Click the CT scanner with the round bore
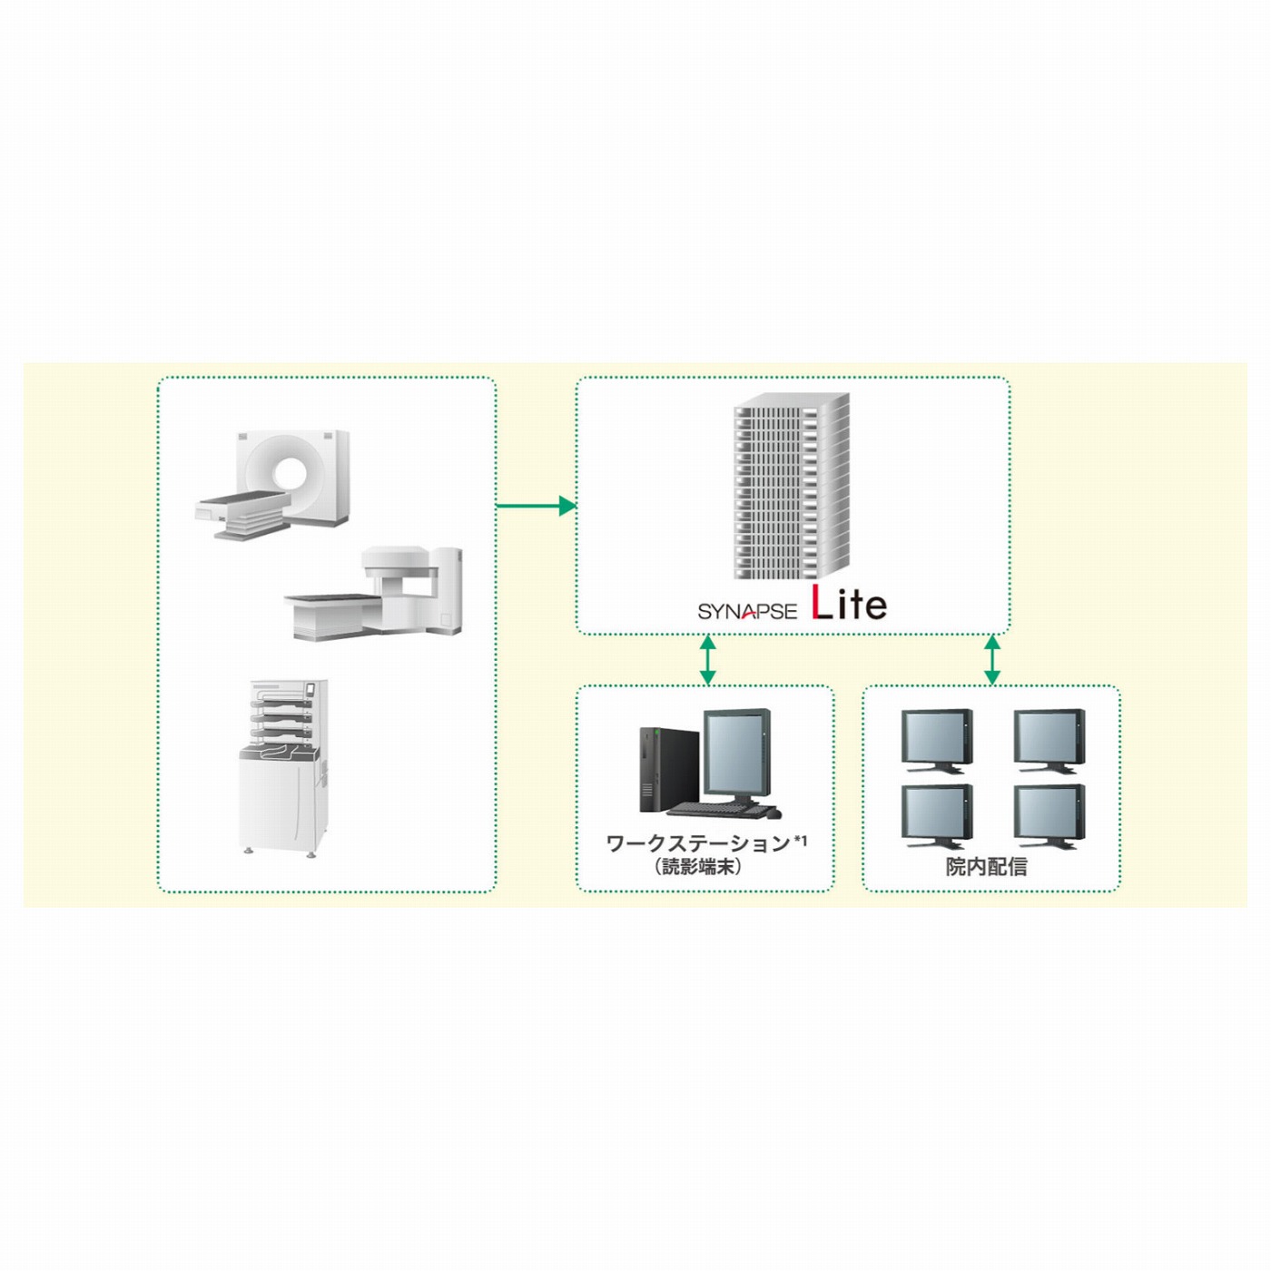271,485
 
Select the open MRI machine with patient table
373,593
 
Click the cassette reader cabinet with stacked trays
283,768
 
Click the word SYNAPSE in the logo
747,611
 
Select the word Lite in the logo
850,604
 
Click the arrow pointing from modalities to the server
537,506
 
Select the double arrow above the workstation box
707,660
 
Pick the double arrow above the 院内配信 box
992,660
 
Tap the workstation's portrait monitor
737,757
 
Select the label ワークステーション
698,843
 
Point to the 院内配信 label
987,866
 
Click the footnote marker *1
800,840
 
